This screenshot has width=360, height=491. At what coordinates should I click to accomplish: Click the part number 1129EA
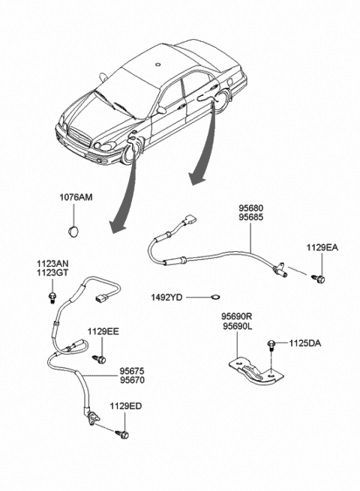pos(322,247)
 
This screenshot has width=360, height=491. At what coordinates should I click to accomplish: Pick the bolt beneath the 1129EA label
pos(320,278)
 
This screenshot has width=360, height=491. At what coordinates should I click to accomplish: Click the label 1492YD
pos(166,298)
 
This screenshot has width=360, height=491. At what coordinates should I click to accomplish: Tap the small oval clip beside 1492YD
pos(214,298)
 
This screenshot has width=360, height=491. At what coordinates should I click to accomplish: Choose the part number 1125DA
pos(304,343)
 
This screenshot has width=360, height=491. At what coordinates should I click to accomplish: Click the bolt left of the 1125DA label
pos(271,344)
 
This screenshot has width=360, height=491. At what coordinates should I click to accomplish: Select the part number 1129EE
pos(103,331)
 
